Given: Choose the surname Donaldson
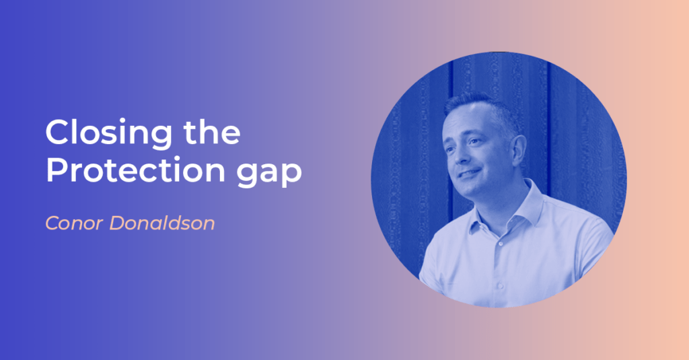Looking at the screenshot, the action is pos(162,223).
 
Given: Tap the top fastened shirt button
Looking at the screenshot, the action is pos(500,243).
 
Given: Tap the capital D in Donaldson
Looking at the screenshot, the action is pos(118,223).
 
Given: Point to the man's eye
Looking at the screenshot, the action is pos(474,141).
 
